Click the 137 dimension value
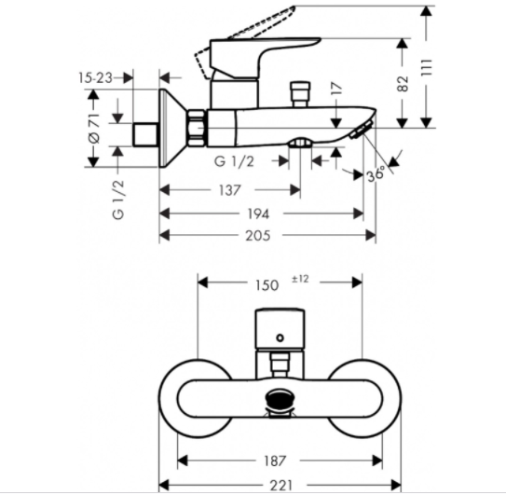(x=230, y=190)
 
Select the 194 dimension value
(x=258, y=213)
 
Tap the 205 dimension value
(x=258, y=236)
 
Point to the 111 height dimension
(x=427, y=67)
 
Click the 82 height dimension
(x=403, y=84)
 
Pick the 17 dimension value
(x=336, y=89)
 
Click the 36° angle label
(x=376, y=174)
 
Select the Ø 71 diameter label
(x=94, y=128)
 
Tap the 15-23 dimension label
(x=96, y=77)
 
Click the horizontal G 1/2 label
(x=234, y=161)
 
